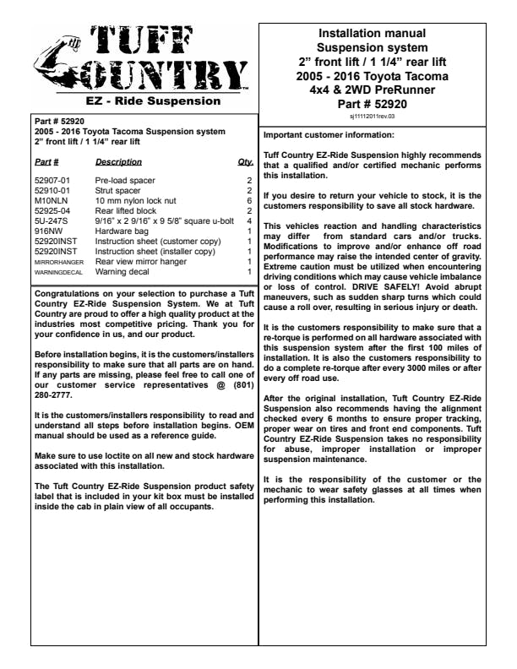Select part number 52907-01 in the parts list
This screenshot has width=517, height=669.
coord(52,181)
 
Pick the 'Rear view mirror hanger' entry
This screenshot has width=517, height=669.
coord(140,263)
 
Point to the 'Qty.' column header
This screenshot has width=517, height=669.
coord(246,160)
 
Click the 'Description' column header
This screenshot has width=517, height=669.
coord(118,160)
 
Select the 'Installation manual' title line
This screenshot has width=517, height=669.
coord(373,32)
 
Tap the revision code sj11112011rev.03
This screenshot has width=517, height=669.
coord(373,117)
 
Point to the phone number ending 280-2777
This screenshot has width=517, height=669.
coord(58,394)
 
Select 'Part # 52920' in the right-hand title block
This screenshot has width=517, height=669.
coord(373,104)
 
